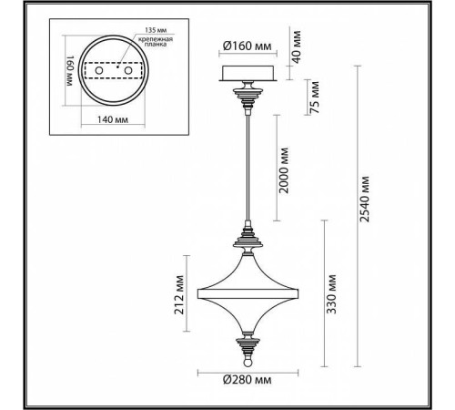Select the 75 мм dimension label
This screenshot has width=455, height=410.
(x=314, y=96)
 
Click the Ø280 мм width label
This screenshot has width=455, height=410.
(x=246, y=376)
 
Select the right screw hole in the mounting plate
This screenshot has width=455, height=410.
(x=127, y=71)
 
